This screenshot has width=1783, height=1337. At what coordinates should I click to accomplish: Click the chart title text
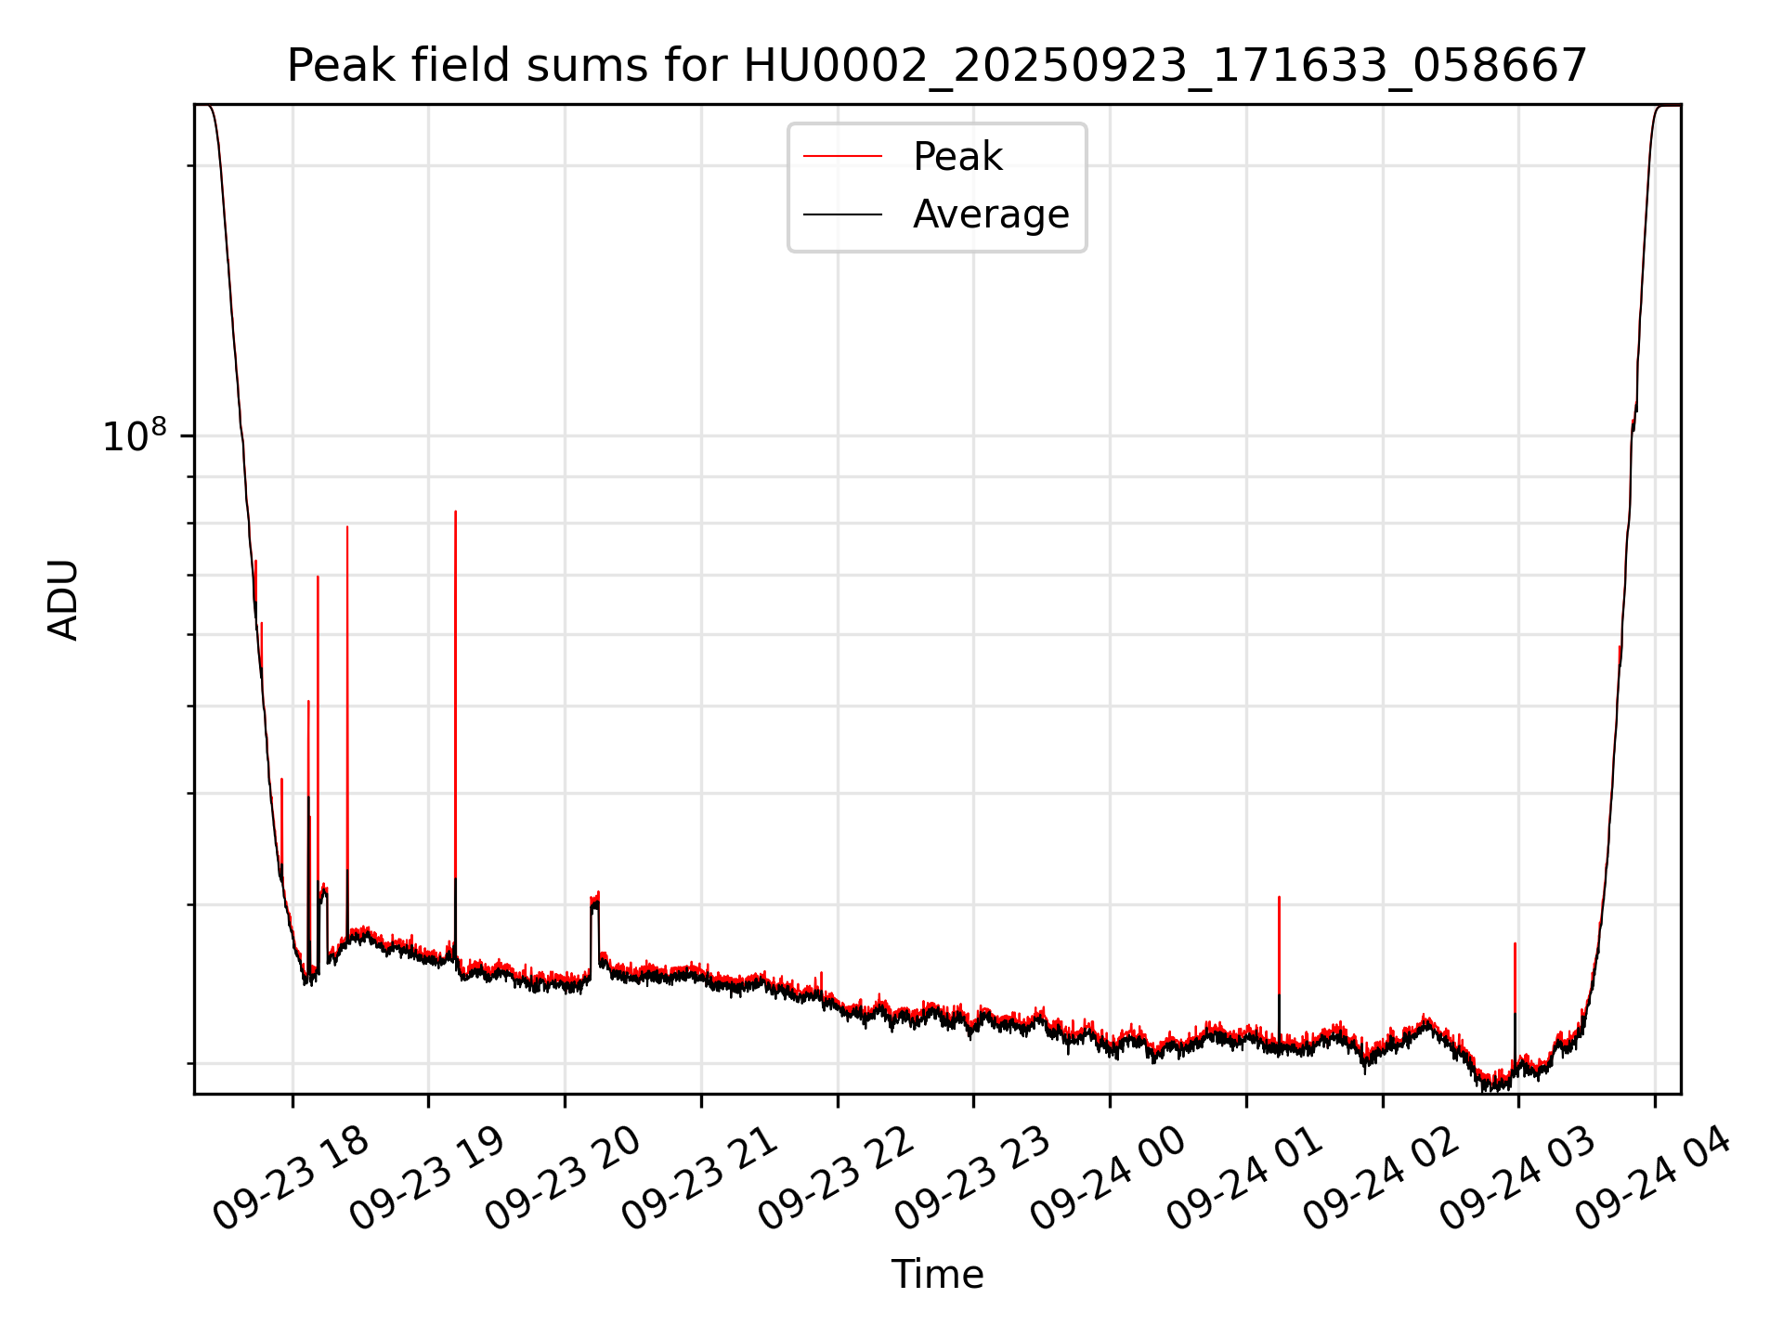coord(936,67)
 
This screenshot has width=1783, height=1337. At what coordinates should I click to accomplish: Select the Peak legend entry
coord(957,157)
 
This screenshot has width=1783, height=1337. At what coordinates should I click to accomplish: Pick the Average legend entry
coord(990,214)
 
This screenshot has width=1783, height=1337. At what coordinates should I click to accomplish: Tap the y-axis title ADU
coord(63,600)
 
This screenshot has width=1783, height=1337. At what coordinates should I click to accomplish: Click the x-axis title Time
coord(937,1275)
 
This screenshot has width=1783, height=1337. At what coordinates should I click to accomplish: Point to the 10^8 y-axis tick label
coord(135,435)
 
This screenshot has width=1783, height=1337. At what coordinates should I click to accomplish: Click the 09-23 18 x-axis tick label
coord(291,1179)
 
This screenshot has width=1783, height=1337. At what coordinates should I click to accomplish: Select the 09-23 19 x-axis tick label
coord(427,1179)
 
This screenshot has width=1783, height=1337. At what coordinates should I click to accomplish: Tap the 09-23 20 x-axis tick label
coord(563,1179)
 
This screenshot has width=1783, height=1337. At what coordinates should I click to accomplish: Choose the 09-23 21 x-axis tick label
coord(699,1179)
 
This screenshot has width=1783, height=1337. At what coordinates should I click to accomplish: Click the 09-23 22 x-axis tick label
coord(836,1179)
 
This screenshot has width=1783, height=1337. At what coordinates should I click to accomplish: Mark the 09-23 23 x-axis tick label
coord(971,1179)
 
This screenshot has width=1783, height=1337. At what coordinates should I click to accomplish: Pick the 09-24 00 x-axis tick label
coord(1108,1179)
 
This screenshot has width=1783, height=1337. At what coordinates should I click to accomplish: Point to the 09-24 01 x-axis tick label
coord(1244,1179)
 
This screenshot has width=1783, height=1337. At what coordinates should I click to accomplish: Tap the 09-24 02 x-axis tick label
coord(1381,1179)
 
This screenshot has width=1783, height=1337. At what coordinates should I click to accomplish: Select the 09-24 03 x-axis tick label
coord(1516,1179)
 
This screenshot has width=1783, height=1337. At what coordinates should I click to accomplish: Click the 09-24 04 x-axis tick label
coord(1653,1179)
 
